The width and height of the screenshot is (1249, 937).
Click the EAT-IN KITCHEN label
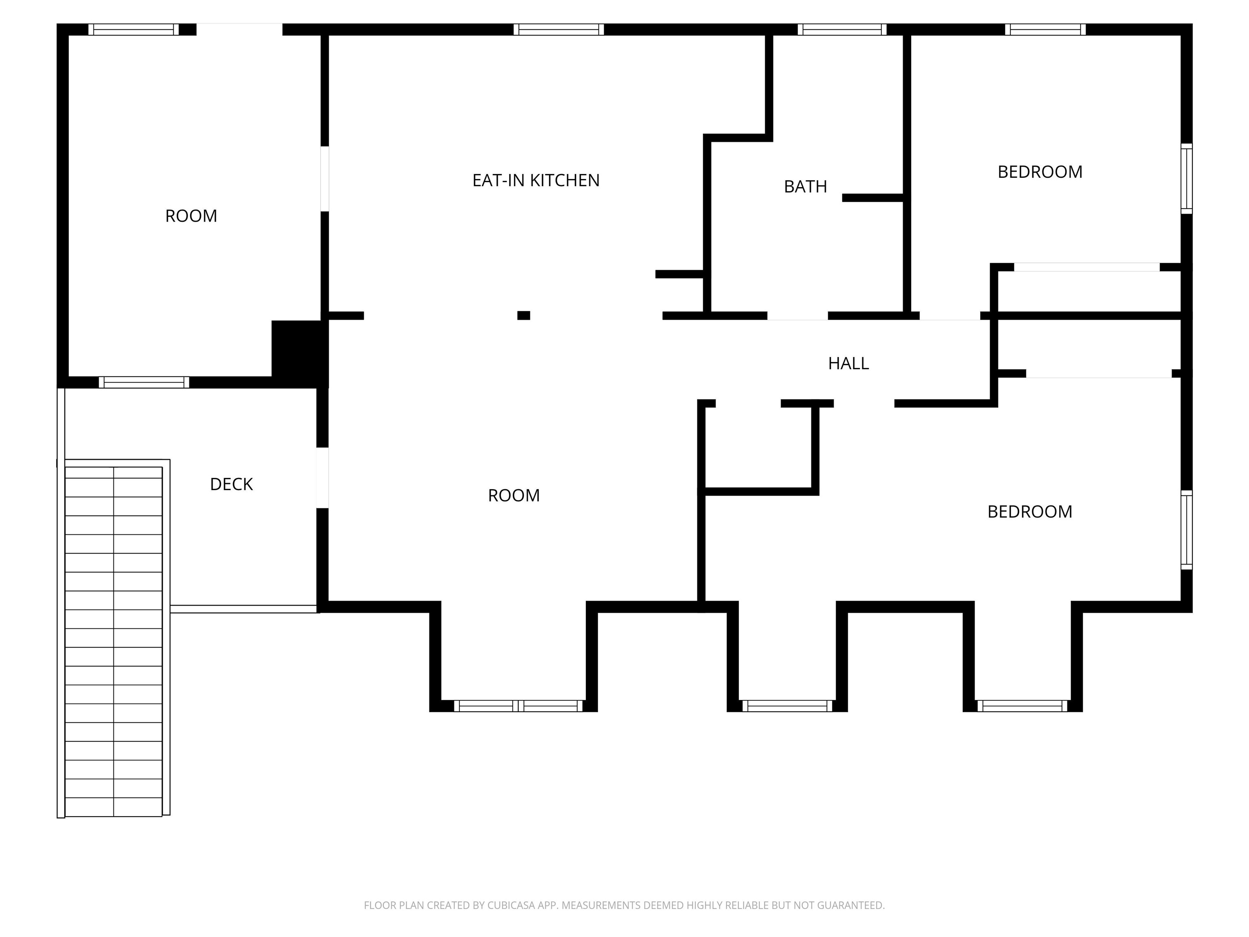535,180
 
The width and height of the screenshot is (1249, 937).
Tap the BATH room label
805,186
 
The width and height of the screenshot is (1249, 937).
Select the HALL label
848,363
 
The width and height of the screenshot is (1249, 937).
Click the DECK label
231,484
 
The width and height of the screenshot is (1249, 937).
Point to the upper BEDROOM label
1040,172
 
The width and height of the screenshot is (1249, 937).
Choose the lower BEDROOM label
1029,511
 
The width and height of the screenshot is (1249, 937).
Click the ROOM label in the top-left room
191,216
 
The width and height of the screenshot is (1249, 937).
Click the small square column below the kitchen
523,316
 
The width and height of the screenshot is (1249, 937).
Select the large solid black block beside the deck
299,353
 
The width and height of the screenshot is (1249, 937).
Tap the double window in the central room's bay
518,706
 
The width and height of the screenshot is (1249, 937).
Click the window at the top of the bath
842,29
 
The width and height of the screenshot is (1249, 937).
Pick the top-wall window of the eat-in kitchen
559,29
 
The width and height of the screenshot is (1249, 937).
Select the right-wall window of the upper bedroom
1186,179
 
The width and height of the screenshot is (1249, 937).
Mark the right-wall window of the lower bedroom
1186,530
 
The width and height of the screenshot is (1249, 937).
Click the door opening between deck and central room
322,478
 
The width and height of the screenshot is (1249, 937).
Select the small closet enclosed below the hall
758,446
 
